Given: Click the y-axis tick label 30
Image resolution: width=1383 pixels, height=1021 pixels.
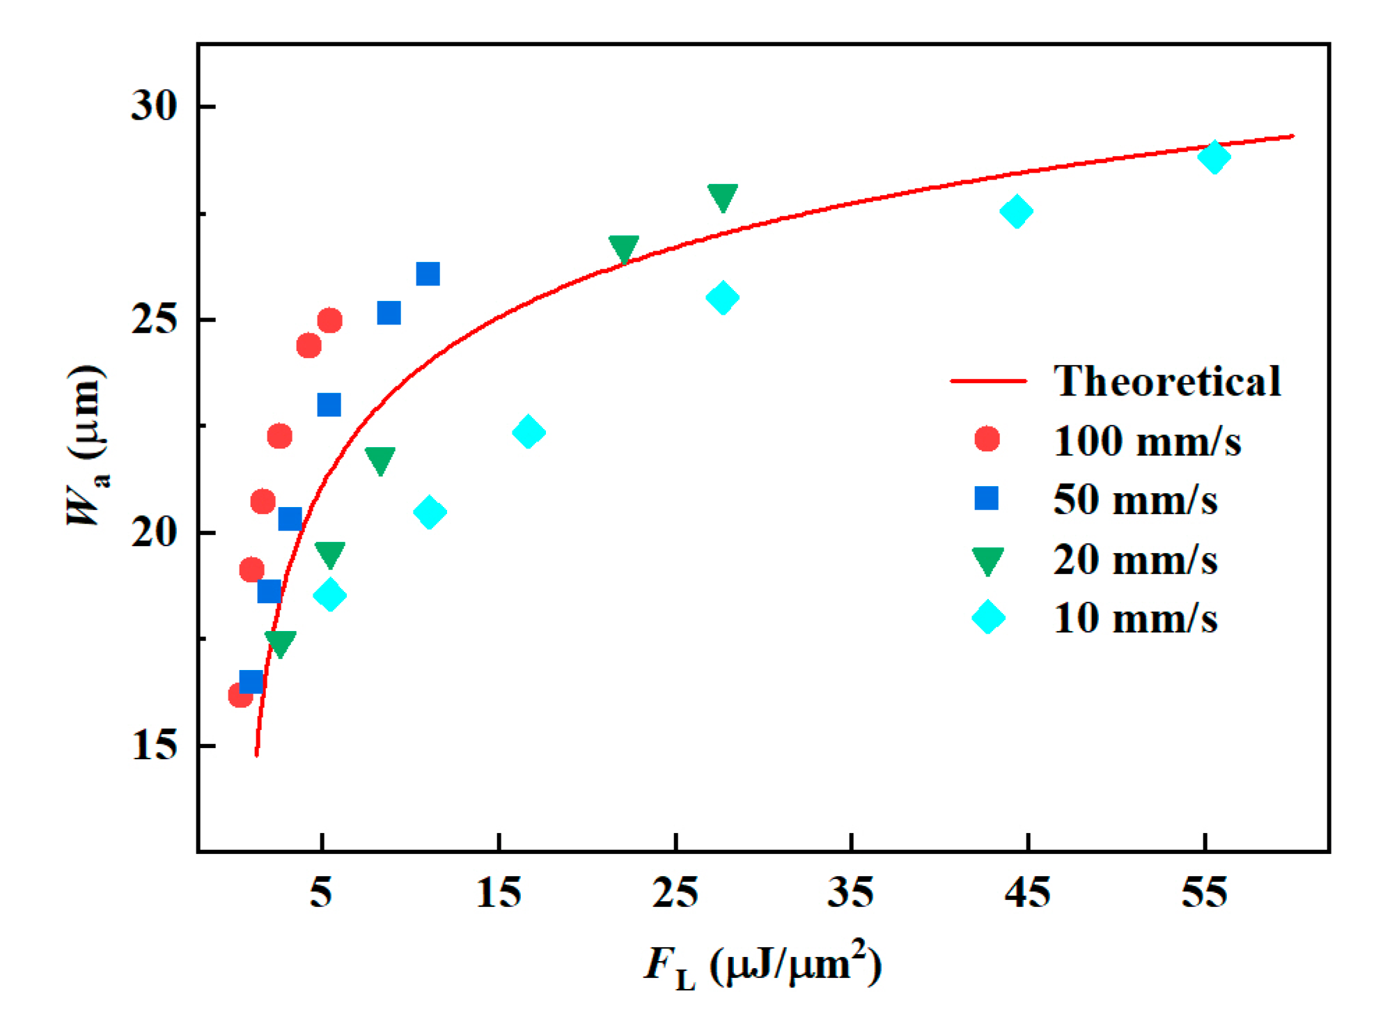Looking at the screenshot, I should (x=153, y=107).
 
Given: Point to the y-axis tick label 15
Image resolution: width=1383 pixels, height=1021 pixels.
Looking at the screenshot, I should (x=153, y=746).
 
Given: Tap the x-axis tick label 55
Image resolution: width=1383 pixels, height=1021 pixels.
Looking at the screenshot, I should (x=1204, y=892).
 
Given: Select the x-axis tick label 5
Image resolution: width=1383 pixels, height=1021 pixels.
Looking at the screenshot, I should (x=320, y=892).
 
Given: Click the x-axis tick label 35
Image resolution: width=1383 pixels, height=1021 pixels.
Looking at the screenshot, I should (x=850, y=892).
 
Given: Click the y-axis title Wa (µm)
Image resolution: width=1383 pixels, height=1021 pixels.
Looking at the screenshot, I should (x=87, y=446).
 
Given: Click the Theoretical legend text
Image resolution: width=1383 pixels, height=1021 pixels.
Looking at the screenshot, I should (x=1167, y=381).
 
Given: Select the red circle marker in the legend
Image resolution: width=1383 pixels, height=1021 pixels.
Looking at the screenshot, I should (x=987, y=439).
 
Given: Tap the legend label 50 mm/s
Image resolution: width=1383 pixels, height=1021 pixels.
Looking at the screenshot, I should (x=1135, y=499).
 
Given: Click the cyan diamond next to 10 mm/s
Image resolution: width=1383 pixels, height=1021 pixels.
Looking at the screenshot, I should (x=988, y=617).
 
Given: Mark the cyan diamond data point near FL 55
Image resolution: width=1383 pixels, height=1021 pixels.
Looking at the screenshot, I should (x=1214, y=157).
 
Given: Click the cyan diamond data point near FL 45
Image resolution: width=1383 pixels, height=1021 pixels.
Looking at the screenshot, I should (x=1016, y=212).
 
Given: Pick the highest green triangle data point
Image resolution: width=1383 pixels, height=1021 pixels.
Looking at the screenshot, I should (x=722, y=197).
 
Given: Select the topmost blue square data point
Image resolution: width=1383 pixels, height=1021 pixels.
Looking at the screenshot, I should (x=428, y=274).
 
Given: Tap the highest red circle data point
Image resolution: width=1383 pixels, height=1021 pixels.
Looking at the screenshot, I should (x=329, y=321).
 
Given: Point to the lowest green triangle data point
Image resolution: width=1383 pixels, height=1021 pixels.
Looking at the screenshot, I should (x=280, y=643).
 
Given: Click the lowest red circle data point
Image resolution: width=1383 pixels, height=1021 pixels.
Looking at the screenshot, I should (x=240, y=695).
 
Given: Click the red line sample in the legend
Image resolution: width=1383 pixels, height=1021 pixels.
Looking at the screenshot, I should (x=987, y=381).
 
